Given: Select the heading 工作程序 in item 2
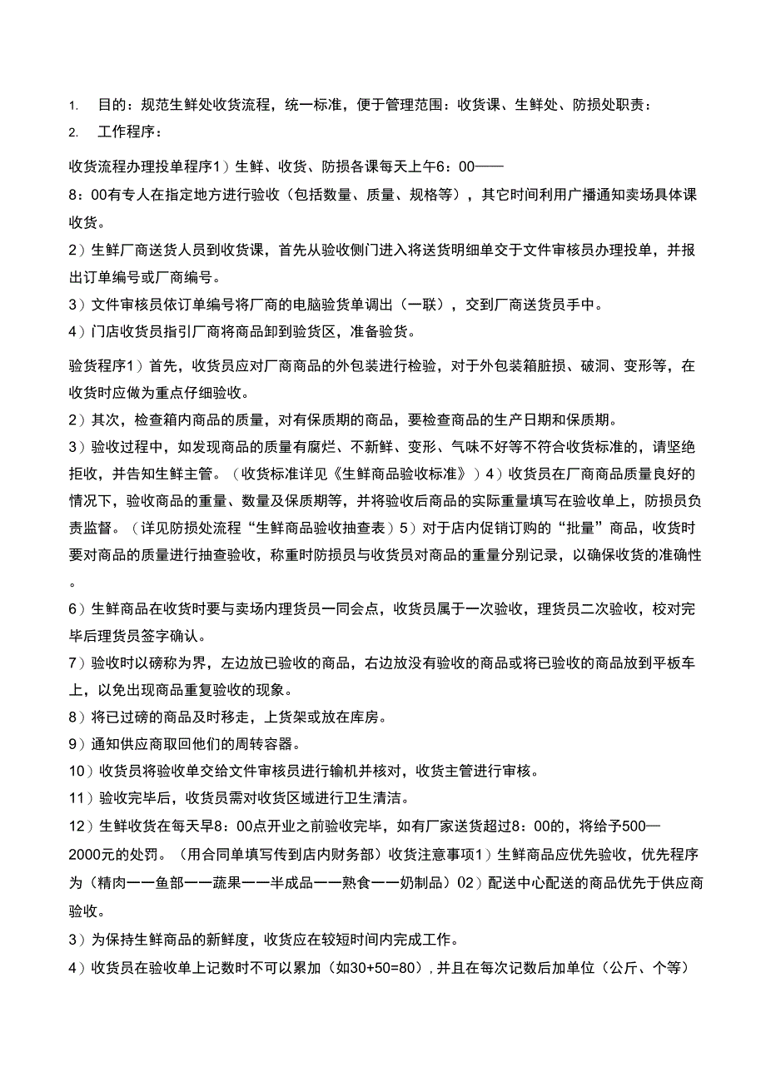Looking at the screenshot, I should [x=126, y=132].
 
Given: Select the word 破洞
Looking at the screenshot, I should [x=619, y=365].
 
